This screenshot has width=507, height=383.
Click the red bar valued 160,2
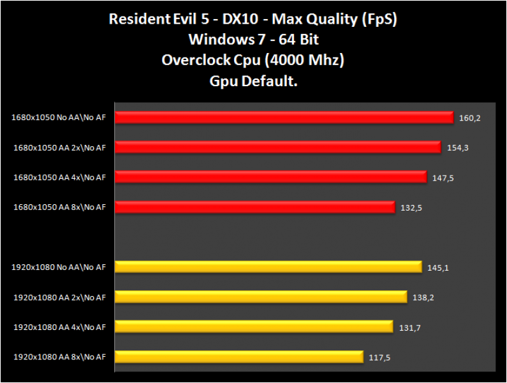pyautogui.click(x=284, y=117)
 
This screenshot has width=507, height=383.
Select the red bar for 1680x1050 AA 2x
pyautogui.click(x=278, y=147)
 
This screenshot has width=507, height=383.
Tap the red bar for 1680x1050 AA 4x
pyautogui.click(x=270, y=177)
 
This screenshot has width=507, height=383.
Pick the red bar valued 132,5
pyautogui.click(x=255, y=207)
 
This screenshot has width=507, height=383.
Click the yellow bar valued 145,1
pyautogui.click(x=268, y=267)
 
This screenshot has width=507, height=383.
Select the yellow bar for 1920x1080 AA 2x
pyautogui.click(x=261, y=297)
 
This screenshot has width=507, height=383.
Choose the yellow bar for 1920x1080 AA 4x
pyautogui.click(x=254, y=327)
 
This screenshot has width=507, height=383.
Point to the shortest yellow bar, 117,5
pyautogui.click(x=239, y=357)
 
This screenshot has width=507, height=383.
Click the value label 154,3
pyautogui.click(x=457, y=148)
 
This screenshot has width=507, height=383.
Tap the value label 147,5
pyautogui.click(x=443, y=178)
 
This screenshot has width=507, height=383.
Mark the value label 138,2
pyautogui.click(x=423, y=297)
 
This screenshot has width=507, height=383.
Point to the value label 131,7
pyautogui.click(x=409, y=327)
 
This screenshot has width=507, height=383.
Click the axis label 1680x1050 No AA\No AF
pyautogui.click(x=58, y=117)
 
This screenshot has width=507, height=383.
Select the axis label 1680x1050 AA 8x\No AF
pyautogui.click(x=59, y=207)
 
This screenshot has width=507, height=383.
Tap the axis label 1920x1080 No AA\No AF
pyautogui.click(x=58, y=267)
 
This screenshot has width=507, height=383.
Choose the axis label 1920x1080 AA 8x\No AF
pyautogui.click(x=59, y=357)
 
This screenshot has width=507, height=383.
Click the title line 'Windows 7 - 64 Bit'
pyautogui.click(x=253, y=40)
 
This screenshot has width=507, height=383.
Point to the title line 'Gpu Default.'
pyautogui.click(x=253, y=81)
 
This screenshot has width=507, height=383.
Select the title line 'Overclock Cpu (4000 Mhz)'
pyautogui.click(x=253, y=60)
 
